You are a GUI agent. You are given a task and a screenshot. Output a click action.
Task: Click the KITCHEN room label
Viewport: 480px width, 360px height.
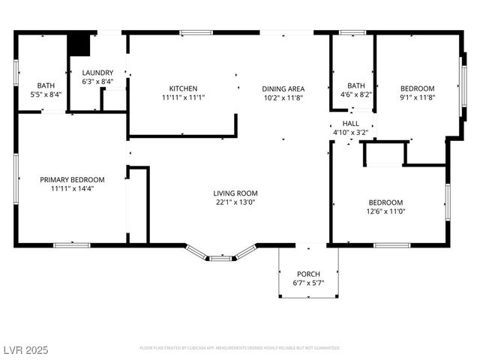point(183,88)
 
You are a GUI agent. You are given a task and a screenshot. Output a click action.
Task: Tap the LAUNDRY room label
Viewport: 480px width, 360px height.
point(97,72)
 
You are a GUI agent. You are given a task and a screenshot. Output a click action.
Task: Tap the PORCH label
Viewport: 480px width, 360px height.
point(308,273)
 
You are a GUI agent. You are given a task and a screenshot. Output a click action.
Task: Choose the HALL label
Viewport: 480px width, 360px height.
point(351,123)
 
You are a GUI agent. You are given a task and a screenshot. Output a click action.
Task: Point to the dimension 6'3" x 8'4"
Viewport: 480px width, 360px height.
point(97,82)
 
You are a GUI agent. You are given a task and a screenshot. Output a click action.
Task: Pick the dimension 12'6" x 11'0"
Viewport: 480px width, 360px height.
point(385,212)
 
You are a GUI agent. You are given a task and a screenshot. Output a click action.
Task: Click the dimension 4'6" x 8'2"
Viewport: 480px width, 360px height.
point(355,95)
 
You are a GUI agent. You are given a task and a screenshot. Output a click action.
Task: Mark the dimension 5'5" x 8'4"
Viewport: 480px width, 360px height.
point(46,95)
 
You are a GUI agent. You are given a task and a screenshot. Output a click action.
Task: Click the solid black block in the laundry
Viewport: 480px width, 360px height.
point(79,44)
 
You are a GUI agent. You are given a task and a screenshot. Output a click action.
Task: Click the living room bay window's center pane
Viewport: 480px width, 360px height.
point(220,259)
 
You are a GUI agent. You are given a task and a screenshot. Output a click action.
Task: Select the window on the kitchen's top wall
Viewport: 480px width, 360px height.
point(193,32)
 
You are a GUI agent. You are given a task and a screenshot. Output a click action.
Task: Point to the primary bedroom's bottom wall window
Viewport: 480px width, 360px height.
point(72,244)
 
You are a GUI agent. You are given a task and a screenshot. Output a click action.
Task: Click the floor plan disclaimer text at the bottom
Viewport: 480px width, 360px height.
point(240,348)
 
